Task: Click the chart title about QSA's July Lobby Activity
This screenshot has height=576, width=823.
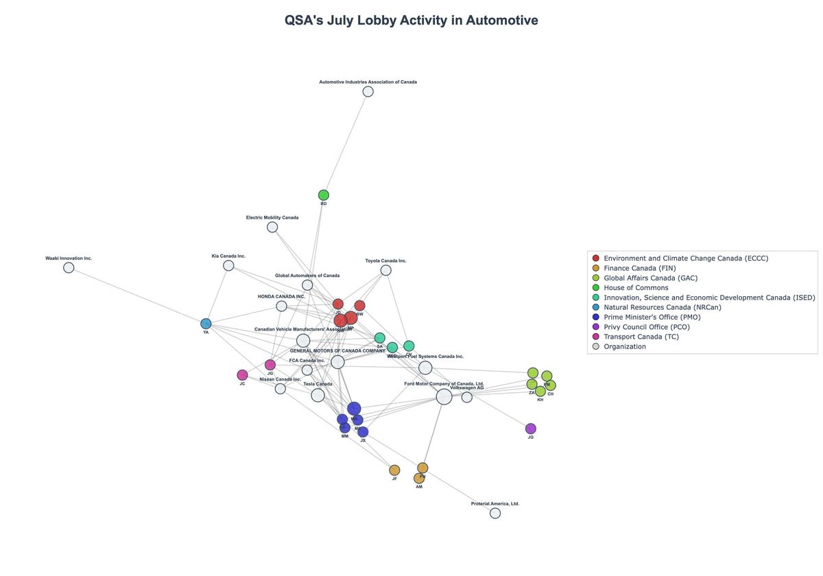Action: click(411, 21)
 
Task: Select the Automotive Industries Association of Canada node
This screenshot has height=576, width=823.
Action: click(368, 91)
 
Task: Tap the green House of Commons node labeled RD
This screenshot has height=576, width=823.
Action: click(324, 195)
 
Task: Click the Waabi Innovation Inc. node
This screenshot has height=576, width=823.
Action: click(69, 267)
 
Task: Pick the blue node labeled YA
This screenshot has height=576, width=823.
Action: click(206, 324)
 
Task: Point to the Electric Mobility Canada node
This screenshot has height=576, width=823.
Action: click(272, 227)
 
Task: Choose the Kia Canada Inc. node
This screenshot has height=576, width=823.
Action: click(228, 265)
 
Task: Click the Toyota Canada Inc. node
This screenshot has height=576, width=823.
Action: click(386, 270)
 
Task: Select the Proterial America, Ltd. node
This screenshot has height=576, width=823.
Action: click(495, 513)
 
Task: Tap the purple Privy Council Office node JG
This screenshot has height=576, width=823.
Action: click(531, 429)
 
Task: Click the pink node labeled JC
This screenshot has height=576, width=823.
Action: click(242, 375)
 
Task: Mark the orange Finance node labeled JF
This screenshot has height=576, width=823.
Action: click(394, 470)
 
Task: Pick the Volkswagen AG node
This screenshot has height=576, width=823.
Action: click(467, 397)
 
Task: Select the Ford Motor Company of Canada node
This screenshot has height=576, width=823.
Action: click(444, 396)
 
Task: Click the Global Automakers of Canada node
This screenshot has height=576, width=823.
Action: click(307, 285)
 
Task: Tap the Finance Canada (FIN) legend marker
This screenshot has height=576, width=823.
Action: click(595, 268)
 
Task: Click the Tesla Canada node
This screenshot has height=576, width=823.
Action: click(318, 395)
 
